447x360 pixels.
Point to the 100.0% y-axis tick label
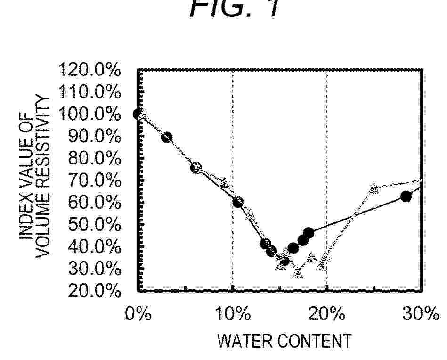pos(89,115)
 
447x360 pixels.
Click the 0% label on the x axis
pos(138,314)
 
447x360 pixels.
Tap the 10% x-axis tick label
pos(233,314)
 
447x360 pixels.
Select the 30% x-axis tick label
pos(421,314)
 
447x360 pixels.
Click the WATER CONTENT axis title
pos(284,341)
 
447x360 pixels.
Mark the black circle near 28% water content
pos(406,196)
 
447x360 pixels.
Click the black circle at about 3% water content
pos(166,138)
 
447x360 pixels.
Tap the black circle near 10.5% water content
pos(238,202)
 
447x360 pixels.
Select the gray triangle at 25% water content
pos(374,188)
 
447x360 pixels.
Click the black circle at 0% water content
pos(138,114)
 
